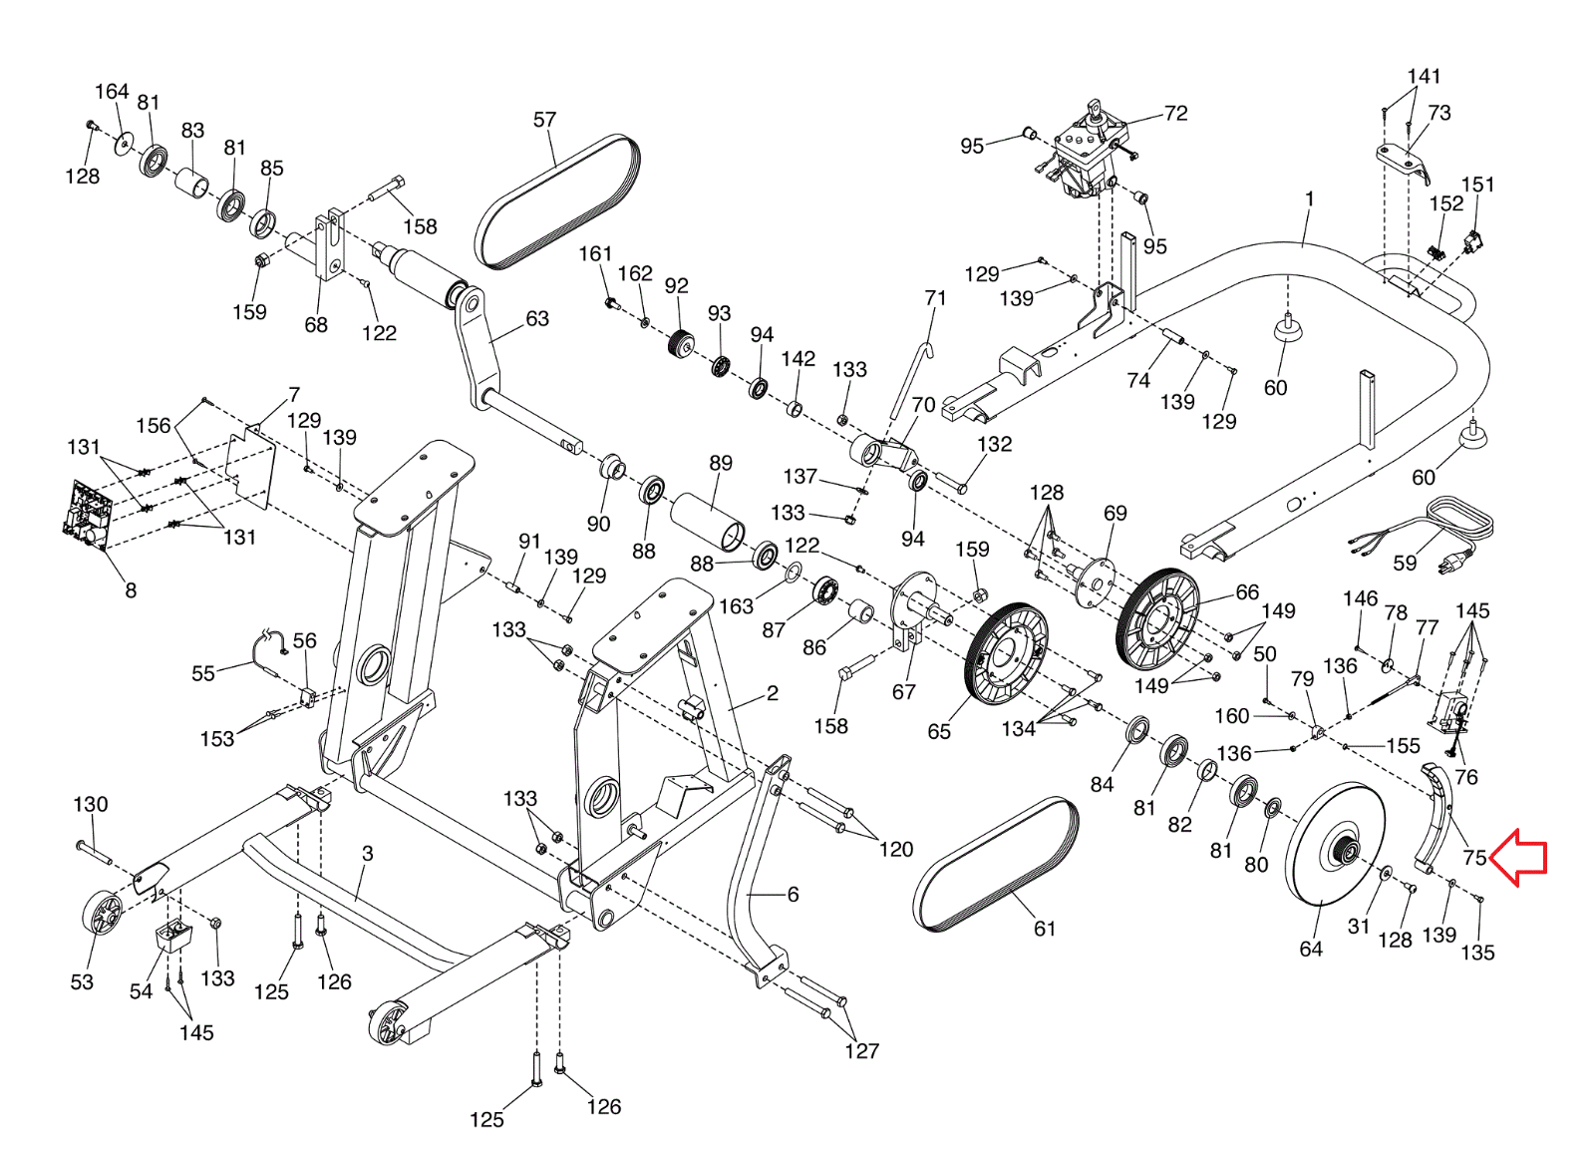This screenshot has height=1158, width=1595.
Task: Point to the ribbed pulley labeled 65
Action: [x=1006, y=653]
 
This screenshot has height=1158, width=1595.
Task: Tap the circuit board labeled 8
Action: [x=88, y=515]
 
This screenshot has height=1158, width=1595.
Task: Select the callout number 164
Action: [x=112, y=91]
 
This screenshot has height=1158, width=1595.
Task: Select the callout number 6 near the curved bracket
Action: [x=794, y=894]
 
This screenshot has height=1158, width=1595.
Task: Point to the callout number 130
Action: [x=91, y=804]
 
